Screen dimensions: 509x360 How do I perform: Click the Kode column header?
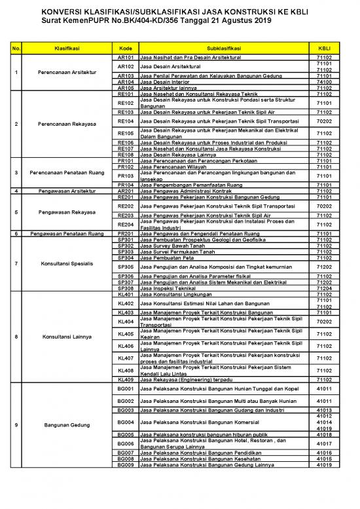tap(124, 48)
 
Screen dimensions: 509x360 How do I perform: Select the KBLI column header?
tap(323, 48)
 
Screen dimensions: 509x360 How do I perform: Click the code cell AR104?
tap(124, 81)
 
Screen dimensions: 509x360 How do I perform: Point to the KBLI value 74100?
tap(323, 81)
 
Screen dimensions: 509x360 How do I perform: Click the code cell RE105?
tap(124, 133)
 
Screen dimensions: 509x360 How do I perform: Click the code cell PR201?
tap(124, 233)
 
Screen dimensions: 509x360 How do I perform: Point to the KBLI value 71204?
tap(323, 288)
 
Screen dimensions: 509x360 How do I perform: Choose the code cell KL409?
tap(124, 379)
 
